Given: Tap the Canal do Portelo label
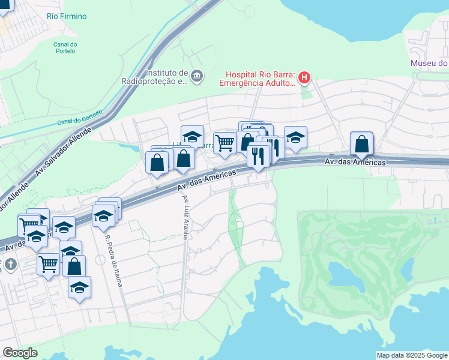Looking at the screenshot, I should [65, 47].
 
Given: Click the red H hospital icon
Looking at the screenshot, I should [304, 77].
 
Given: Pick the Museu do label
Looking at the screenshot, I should [429, 63].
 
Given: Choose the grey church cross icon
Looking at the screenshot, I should [10, 264].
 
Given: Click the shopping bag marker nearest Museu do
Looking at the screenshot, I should [361, 143].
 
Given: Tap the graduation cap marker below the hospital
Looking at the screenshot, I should [295, 137].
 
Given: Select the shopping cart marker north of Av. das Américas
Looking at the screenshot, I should [224, 143].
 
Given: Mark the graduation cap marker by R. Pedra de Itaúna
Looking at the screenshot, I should [104, 215].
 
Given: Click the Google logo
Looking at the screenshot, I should [20, 353].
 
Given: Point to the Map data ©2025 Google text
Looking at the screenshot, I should [411, 355].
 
